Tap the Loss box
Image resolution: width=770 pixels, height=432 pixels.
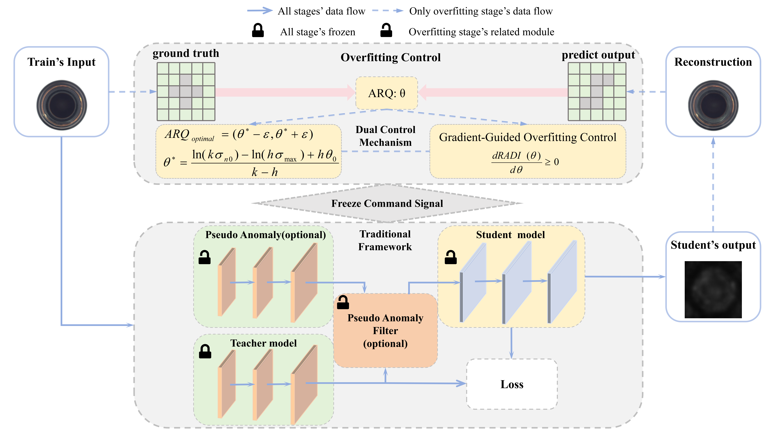coord(512,384)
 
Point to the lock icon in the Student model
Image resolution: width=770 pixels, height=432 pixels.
coord(450,257)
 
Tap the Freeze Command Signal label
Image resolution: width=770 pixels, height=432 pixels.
coord(387,203)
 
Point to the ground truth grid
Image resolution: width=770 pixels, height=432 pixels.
coord(186,91)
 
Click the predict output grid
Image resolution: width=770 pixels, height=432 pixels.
coord(597,91)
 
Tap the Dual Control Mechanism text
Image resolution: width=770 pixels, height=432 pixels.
coord(385,136)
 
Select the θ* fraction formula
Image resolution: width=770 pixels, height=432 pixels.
coord(251,163)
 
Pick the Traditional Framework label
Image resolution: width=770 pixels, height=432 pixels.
coord(385,240)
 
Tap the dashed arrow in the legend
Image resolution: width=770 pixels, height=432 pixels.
coord(387,11)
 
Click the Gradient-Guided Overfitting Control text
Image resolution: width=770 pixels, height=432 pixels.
coord(528,137)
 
